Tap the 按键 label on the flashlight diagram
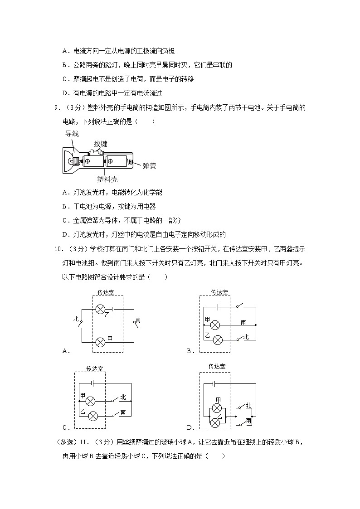click(100, 144)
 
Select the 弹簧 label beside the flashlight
click(149, 166)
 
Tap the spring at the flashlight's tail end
click(131, 161)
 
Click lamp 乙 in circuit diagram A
click(100, 309)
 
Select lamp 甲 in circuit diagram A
click(100, 341)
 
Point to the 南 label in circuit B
click(243, 322)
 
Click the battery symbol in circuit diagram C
click(92, 383)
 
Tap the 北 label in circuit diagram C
click(122, 398)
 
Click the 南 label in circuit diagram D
click(249, 421)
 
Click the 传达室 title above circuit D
click(217, 366)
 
